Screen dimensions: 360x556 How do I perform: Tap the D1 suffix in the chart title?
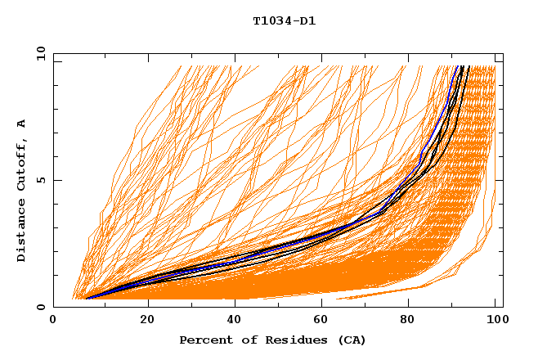pyautogui.click(x=307, y=20)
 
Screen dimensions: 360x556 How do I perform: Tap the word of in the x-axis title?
pyautogui.click(x=245, y=340)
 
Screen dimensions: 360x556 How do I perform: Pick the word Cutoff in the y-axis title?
pyautogui.click(x=22, y=164)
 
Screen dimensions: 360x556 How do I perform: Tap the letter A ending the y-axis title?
pyautogui.click(x=22, y=124)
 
